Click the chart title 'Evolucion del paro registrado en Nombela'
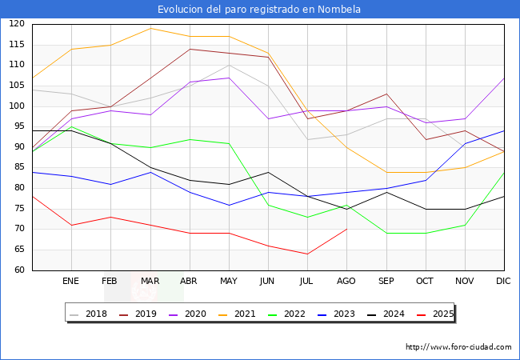pos(259,10)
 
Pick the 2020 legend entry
pos(189,314)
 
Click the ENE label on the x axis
pos(71,282)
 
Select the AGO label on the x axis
pos(346,282)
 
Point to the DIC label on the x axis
pos(503,282)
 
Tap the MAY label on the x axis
pos(229,282)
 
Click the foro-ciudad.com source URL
pos(458,347)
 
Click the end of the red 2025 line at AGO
pos(346,229)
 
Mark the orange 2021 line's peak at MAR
pos(150,28)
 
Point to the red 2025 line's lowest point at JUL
pos(307,254)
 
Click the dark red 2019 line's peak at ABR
pos(190,49)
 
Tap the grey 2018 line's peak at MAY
pos(229,65)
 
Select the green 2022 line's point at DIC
pos(504,172)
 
